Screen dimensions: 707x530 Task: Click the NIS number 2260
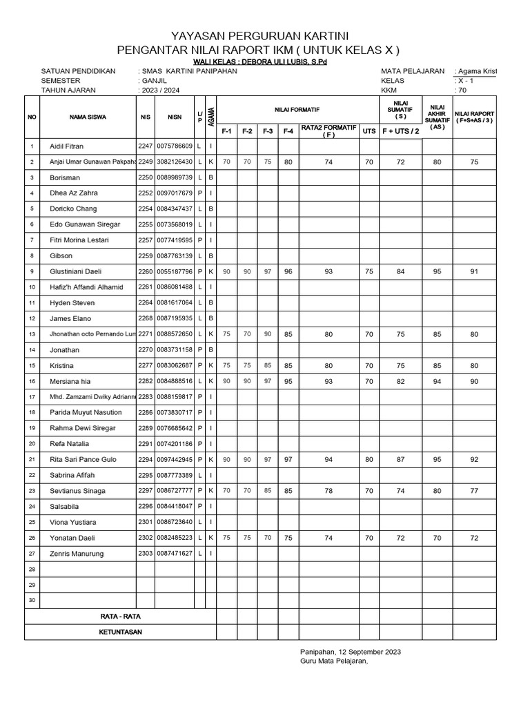145,271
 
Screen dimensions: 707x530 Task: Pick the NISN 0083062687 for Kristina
175,365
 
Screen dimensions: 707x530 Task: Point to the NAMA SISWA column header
87,117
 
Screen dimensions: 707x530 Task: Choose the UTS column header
369,130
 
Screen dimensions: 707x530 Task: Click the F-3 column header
268,130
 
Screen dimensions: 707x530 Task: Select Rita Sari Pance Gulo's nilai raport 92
474,460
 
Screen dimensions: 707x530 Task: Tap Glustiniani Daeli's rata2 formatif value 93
328,271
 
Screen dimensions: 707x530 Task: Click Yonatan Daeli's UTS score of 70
369,538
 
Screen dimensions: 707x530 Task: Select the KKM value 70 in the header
462,90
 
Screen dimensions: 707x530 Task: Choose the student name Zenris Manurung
77,554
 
